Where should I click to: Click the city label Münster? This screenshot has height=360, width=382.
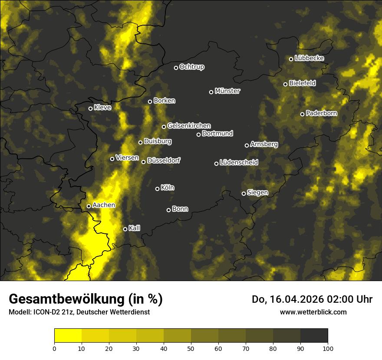[227, 91]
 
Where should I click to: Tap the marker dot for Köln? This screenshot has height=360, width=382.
[158, 189]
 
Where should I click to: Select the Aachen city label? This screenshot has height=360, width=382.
[104, 205]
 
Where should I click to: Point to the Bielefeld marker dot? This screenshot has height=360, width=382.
[286, 84]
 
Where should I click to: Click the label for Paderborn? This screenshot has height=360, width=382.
[321, 114]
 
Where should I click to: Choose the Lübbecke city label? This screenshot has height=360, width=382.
[309, 58]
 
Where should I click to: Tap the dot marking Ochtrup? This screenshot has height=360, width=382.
[176, 68]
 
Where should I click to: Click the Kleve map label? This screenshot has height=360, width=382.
[102, 108]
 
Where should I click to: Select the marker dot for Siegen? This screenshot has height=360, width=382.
[244, 193]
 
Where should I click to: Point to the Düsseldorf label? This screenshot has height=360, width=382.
[164, 160]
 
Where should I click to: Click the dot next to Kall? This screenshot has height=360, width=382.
[125, 229]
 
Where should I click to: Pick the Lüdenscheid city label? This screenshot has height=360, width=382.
[239, 163]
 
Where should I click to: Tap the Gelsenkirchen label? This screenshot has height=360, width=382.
[189, 126]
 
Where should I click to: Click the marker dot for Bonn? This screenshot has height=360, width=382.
[169, 210]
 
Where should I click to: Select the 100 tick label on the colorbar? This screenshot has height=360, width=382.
[328, 348]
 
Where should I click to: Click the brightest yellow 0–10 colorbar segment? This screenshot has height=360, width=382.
[68, 335]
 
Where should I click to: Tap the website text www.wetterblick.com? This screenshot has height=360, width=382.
[313, 312]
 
